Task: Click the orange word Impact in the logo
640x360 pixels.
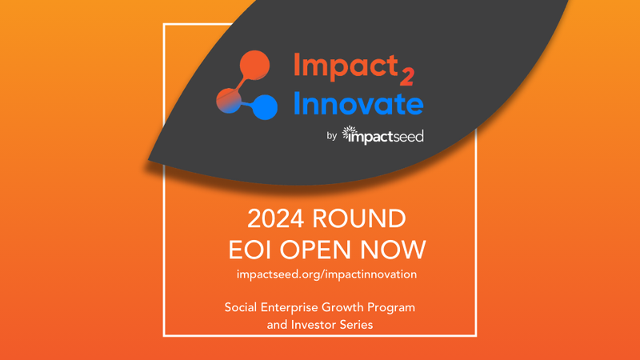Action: pos(346,66)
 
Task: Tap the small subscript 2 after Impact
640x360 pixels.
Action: pos(407,76)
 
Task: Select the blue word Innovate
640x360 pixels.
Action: pos(358,104)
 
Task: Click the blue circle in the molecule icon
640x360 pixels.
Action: pos(265,107)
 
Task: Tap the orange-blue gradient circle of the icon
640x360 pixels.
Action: pos(229,101)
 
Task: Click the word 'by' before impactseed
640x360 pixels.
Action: pos(331,136)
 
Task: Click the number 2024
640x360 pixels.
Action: pos(275,218)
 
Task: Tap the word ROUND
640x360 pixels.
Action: pos(359,218)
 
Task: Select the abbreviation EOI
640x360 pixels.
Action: pos(250,250)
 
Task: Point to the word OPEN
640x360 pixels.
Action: pos(315,250)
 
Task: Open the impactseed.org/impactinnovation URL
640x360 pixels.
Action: pos(326,274)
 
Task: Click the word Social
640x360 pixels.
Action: pos(241,307)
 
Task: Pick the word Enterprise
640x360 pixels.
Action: pos(289,308)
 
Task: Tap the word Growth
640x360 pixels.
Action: pos(342,307)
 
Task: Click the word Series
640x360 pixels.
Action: pos(362,325)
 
